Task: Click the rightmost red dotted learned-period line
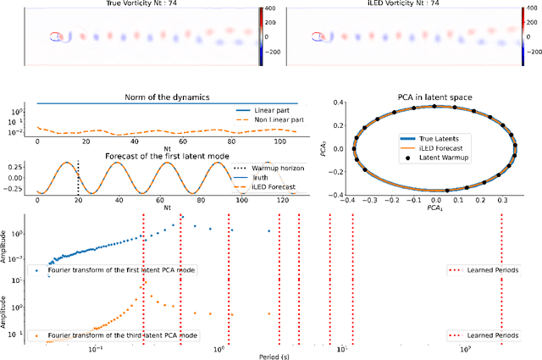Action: coord(501,280)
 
